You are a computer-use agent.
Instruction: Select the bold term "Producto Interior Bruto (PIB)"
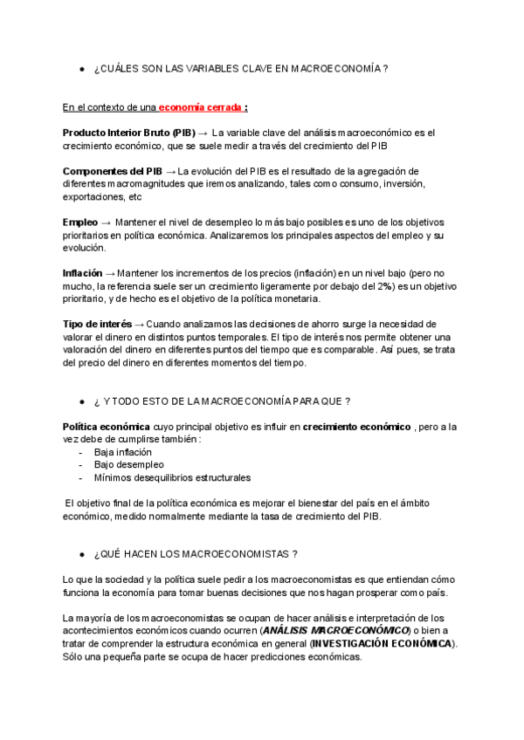click(x=128, y=133)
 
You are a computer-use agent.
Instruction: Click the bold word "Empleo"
click(x=80, y=223)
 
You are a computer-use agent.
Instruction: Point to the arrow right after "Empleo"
click(x=107, y=223)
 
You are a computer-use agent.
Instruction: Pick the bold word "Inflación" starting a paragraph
click(x=83, y=273)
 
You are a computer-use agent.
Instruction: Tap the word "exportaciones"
click(x=94, y=197)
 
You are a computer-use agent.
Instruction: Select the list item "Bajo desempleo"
click(x=128, y=465)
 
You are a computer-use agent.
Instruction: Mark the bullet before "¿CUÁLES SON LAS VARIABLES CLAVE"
click(x=81, y=68)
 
